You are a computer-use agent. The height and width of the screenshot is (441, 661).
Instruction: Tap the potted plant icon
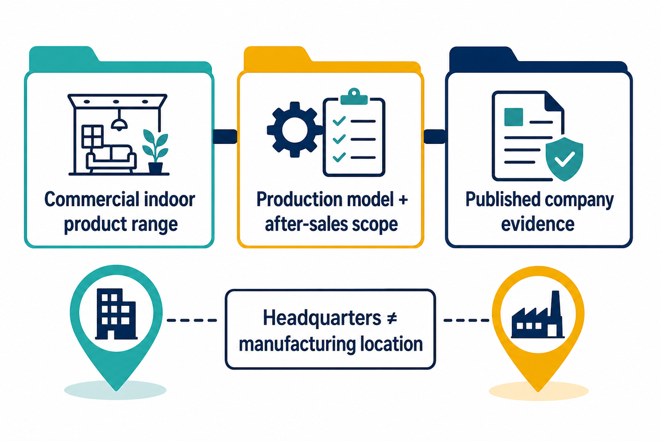155,151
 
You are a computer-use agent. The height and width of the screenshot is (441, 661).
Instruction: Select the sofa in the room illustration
111,158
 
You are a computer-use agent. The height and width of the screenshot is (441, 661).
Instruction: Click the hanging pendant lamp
119,120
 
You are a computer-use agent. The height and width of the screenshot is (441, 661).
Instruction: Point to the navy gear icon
295,130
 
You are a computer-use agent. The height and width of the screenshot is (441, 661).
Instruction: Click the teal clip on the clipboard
354,96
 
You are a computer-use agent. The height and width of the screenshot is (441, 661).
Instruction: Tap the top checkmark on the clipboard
339,121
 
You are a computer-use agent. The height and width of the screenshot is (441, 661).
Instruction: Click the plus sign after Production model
403,200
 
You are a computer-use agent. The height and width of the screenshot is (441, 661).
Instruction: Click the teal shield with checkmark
564,159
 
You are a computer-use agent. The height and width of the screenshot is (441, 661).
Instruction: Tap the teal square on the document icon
514,117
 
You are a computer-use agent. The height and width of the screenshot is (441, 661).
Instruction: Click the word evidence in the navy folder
538,224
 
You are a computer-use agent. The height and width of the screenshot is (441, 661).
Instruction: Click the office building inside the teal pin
116,314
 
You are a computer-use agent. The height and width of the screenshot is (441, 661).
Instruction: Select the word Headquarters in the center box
322,319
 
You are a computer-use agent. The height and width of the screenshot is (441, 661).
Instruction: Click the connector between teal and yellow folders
225,137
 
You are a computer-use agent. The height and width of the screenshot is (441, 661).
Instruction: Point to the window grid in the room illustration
93,137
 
